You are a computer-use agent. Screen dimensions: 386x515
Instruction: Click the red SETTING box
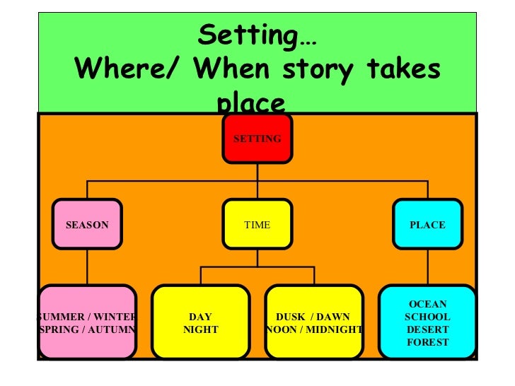257,139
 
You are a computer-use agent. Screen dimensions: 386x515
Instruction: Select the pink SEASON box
87,225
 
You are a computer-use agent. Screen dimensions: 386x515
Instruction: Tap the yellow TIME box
257,225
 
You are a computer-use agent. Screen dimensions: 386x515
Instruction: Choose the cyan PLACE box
427,225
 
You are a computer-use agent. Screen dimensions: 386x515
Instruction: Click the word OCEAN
427,304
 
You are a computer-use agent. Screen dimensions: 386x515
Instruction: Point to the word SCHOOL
427,317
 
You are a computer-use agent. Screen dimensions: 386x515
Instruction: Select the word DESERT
427,329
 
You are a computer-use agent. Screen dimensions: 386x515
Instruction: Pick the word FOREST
427,343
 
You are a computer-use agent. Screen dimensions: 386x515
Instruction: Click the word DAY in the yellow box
200,317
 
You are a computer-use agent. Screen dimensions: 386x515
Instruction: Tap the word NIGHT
200,329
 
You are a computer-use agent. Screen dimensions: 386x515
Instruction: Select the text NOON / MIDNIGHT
315,329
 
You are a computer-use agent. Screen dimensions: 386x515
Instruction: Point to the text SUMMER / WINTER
87,317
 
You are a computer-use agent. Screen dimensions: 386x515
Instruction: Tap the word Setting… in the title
257,34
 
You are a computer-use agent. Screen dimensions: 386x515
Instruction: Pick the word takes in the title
403,69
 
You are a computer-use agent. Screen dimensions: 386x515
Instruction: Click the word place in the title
252,103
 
